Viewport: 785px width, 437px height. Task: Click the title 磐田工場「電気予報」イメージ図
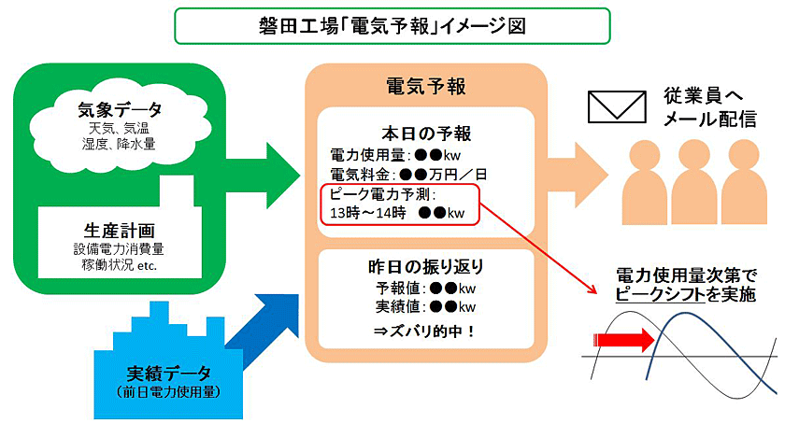pyautogui.click(x=392, y=25)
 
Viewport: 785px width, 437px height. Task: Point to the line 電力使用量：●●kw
pyautogui.click(x=404, y=154)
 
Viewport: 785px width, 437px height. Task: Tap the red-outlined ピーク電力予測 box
pyautogui.click(x=399, y=204)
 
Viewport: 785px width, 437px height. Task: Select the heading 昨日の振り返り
pyautogui.click(x=425, y=267)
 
